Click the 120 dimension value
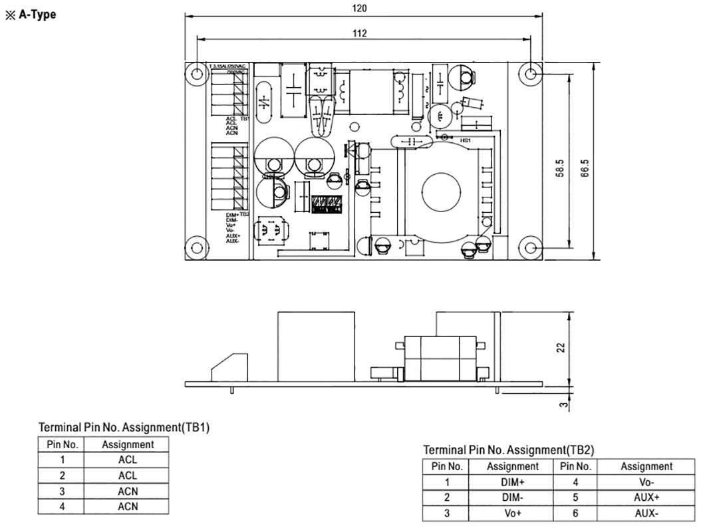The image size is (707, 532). pos(360,9)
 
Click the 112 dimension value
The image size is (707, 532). pos(360,33)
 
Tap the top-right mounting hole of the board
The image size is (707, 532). pos(529,74)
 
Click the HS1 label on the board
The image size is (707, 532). pos(466,141)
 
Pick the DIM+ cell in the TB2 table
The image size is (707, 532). pos(512,482)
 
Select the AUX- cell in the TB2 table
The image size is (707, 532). pos(646,513)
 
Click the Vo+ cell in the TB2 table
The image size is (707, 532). pos(512,513)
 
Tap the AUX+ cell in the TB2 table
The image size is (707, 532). pos(646,497)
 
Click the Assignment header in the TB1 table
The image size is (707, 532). pos(128,444)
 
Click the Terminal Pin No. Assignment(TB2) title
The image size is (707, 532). pos(508,450)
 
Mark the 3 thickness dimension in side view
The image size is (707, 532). pos(563,403)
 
